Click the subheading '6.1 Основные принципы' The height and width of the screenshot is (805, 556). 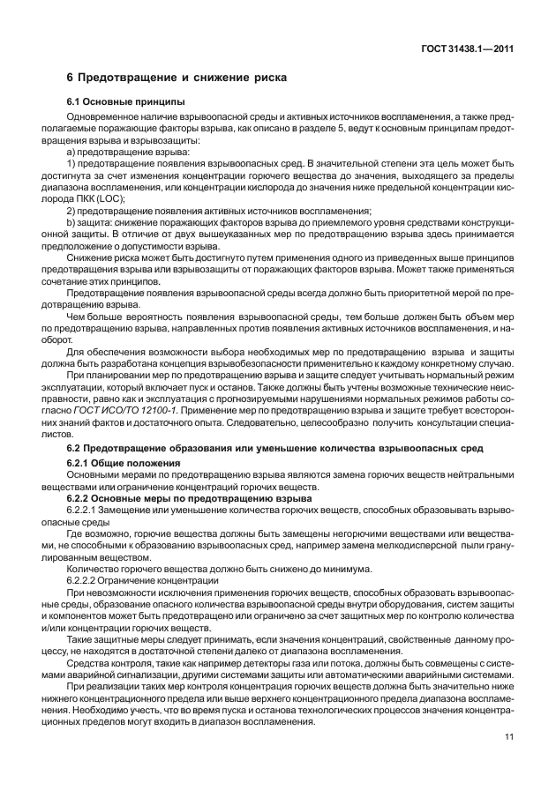[123, 102]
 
